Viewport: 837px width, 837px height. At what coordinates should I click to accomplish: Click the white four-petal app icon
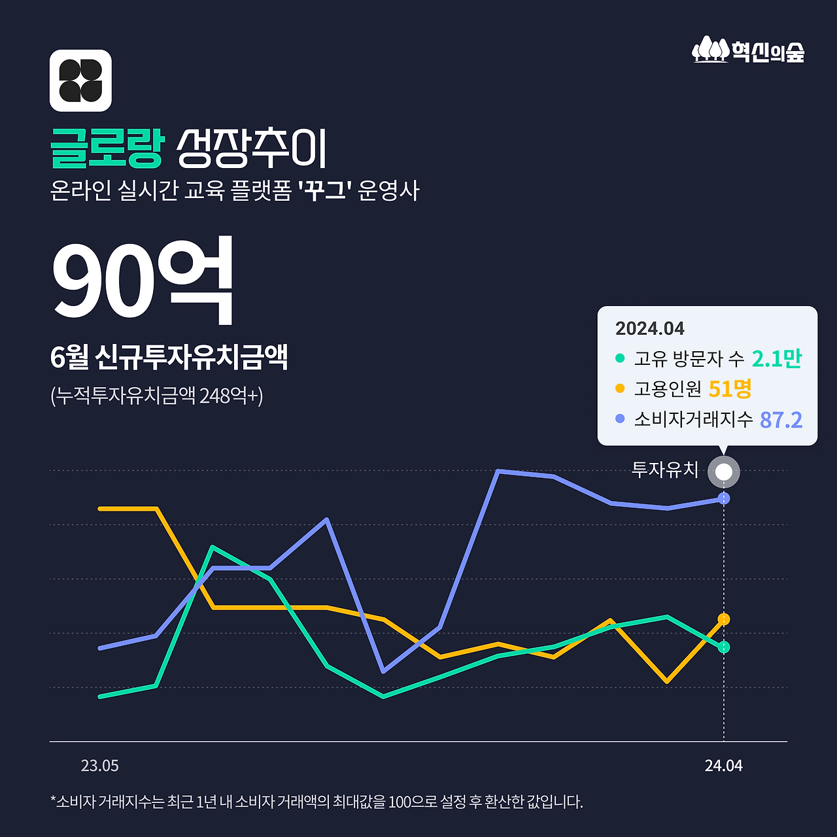point(80,80)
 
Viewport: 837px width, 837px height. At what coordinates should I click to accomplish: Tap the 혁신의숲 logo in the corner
point(748,50)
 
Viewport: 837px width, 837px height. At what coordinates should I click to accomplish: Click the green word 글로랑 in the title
point(106,148)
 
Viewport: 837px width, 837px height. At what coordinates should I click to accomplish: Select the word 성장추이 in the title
point(252,148)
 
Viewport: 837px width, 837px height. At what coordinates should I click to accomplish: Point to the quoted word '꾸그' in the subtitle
point(325,191)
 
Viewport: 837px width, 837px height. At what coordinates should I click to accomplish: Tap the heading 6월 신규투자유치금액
point(169,357)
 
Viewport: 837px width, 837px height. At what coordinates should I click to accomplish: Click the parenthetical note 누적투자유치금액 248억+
point(157,396)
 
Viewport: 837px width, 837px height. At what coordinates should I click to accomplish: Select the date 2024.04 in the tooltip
point(649,328)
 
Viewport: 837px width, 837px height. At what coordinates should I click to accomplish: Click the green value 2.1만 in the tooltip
point(776,358)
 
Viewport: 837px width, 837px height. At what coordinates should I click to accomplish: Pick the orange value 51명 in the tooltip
point(730,389)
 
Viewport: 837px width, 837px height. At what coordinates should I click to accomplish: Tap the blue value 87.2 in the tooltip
point(781,420)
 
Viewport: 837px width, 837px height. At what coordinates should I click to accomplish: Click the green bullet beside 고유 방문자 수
point(620,358)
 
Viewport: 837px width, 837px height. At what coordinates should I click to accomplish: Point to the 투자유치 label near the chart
point(665,470)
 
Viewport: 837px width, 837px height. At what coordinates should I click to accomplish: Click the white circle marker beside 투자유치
point(723,471)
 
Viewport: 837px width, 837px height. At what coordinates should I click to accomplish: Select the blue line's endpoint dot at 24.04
point(724,498)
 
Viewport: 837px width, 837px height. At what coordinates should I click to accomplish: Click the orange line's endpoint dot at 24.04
point(724,619)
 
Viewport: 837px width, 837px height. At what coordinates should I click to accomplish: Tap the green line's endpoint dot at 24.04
point(724,647)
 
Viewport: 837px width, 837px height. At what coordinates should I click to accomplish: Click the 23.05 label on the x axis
point(100,766)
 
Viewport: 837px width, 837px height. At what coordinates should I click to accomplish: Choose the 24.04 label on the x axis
point(724,766)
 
